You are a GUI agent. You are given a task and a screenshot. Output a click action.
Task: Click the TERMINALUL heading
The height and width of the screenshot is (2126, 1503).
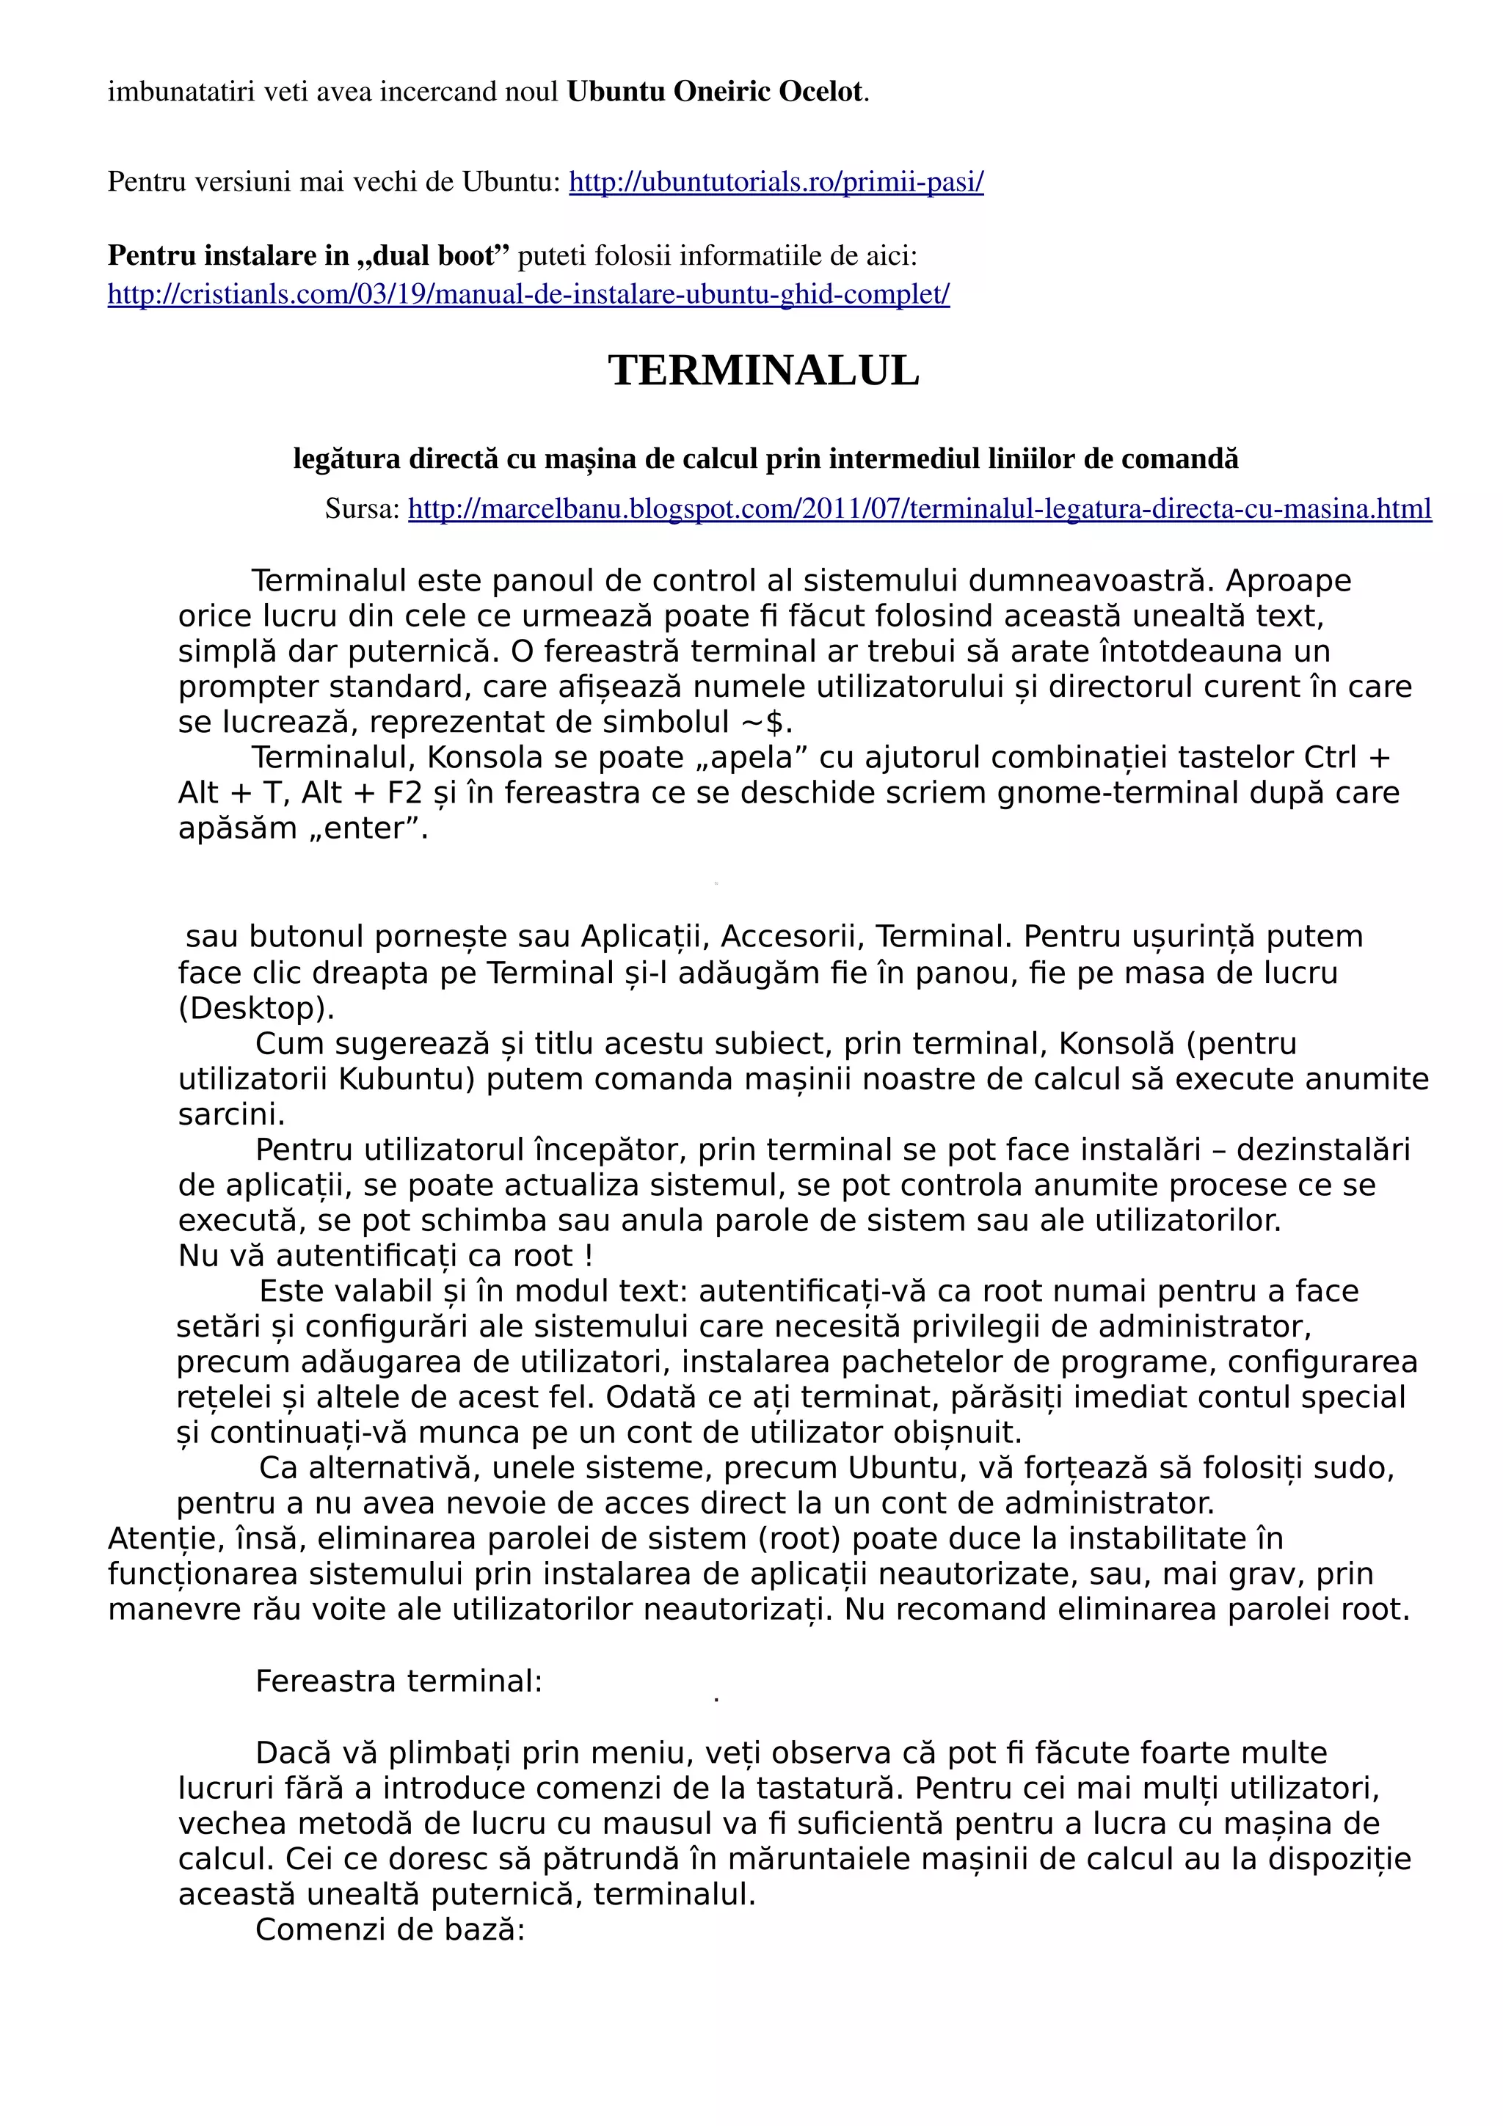tap(763, 370)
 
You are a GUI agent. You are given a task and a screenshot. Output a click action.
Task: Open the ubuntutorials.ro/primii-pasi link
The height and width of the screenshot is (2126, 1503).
tap(775, 181)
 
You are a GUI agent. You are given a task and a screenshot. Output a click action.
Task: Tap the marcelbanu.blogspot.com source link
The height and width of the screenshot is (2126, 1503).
tap(919, 508)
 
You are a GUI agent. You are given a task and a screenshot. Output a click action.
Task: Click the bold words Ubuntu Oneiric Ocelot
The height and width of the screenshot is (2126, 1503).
tap(714, 92)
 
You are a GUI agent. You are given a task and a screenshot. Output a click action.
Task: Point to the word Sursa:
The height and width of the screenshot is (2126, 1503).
tap(362, 508)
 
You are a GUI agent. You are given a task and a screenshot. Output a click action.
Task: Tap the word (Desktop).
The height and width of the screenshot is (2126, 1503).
tap(255, 1007)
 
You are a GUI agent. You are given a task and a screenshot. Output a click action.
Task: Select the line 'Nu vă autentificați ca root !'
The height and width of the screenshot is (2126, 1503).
tap(385, 1256)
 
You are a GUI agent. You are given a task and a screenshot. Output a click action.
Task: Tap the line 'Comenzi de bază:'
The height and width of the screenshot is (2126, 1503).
tap(390, 1929)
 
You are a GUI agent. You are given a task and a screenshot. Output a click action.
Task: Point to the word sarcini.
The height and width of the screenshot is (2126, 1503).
tap(230, 1114)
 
